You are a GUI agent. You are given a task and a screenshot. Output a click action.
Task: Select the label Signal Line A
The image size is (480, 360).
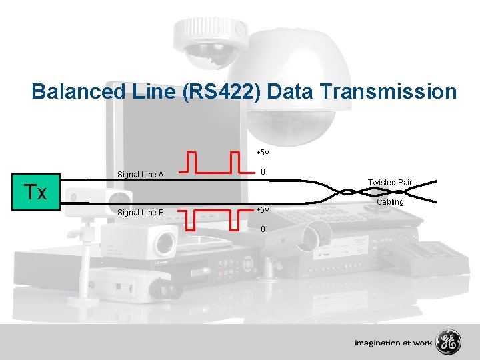tap(140, 175)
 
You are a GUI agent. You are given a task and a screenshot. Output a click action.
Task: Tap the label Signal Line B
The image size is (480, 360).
tap(140, 213)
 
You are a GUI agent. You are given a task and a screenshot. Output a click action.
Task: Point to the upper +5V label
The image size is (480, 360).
tap(263, 153)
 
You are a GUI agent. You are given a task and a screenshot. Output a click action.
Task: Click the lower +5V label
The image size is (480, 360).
tap(263, 210)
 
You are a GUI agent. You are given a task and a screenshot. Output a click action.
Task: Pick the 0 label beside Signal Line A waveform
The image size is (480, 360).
tap(264, 172)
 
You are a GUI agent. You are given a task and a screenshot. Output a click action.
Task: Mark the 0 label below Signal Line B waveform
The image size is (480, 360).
tap(263, 229)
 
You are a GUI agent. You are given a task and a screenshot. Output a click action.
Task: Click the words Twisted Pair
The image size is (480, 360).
tap(389, 183)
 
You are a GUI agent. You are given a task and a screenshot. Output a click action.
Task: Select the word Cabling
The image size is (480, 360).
tap(390, 201)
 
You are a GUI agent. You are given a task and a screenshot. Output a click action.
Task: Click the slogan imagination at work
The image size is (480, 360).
tap(393, 343)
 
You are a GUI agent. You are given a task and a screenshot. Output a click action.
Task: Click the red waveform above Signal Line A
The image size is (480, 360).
tap(213, 163)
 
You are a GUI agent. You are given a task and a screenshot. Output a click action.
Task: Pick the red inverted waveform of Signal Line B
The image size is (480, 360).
tap(213, 219)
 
